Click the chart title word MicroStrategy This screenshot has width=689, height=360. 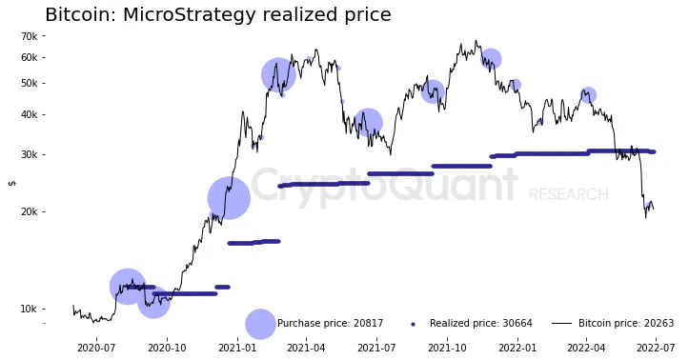point(188,15)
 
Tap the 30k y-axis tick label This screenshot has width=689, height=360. point(30,154)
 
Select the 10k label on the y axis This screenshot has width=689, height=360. point(30,310)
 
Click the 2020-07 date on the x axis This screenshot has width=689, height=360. point(96,348)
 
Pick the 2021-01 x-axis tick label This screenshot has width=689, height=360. point(237,348)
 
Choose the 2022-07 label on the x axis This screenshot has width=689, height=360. point(656,348)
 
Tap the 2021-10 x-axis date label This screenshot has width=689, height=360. point(447,348)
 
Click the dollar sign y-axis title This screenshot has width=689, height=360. point(12,183)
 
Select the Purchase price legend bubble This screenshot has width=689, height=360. point(260,324)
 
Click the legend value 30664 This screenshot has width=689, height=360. point(517,324)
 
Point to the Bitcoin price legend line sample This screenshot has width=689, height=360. point(561,324)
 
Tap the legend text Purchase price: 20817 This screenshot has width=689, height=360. point(331,324)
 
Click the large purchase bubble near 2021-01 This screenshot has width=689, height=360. point(229,198)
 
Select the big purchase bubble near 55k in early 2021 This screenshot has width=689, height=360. point(278,74)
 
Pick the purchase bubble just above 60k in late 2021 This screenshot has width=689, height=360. point(491,58)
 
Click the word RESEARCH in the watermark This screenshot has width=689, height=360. point(569,194)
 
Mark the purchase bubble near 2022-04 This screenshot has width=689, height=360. point(588,95)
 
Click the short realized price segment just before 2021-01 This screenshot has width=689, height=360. point(222,287)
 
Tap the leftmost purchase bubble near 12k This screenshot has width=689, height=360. point(128,287)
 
